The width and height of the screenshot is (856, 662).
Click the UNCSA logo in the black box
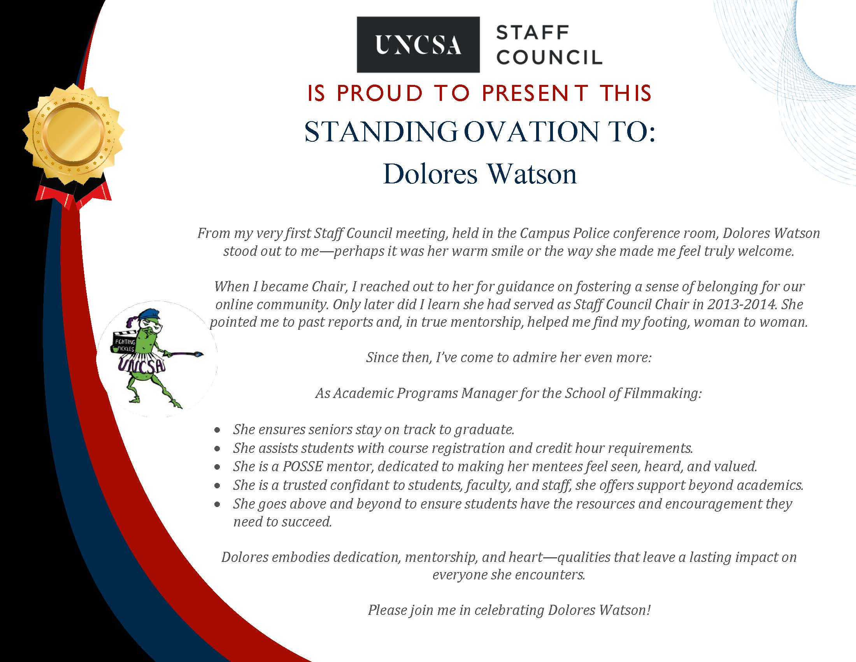[418, 45]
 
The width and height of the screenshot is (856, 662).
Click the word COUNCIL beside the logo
[549, 57]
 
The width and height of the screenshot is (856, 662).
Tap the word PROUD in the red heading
[380, 93]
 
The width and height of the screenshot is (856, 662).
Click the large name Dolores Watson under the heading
[480, 174]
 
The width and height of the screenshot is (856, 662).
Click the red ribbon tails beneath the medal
[73, 195]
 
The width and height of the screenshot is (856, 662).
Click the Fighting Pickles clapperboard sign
[124, 345]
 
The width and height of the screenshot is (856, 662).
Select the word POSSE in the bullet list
[303, 466]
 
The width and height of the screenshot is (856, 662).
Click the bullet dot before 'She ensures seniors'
[217, 430]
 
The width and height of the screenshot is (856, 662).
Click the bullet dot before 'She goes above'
[217, 505]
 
